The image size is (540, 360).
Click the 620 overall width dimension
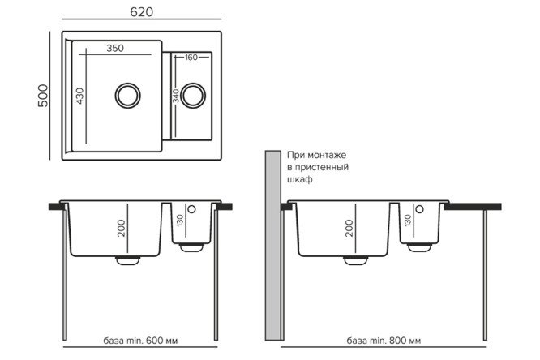pos(142,12)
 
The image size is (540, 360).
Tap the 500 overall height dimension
pos(43,96)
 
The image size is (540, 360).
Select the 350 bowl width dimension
pos(115,48)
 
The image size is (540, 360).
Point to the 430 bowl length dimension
pos(79,96)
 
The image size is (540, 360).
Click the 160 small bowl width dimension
pos(191,58)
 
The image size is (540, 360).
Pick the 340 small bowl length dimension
pos(176,96)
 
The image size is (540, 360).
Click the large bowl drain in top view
pos(128,96)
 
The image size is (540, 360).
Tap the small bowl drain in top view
pos(193,96)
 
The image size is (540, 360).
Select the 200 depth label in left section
pos(122,228)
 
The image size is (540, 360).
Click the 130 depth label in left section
pos(180,220)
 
